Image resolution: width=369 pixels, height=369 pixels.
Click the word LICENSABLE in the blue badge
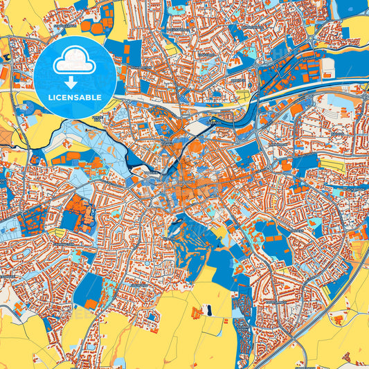(75, 98)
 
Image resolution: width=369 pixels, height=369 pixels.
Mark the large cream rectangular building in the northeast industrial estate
(327, 67)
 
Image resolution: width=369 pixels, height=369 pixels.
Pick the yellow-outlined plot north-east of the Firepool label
(242, 93)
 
